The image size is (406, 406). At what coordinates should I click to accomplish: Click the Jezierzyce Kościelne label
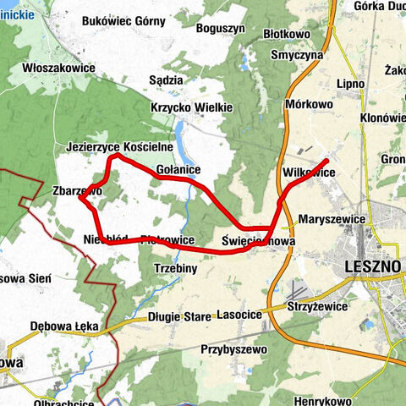click(119, 147)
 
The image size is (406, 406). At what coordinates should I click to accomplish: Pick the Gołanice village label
click(178, 170)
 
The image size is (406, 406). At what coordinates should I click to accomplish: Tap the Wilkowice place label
click(309, 173)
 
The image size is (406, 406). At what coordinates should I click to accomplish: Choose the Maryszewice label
click(332, 219)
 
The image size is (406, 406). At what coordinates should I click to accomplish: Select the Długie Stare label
click(178, 316)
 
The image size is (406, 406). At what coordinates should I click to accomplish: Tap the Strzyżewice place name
click(315, 305)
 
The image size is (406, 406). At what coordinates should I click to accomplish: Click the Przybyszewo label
click(234, 348)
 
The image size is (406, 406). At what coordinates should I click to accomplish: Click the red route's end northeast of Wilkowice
click(326, 159)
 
